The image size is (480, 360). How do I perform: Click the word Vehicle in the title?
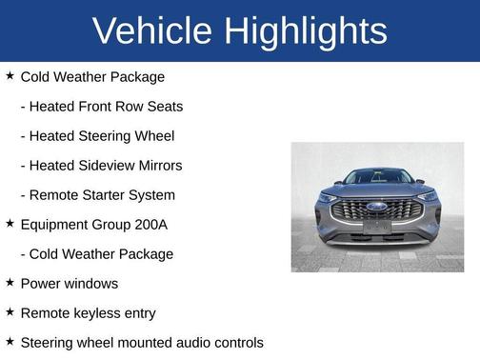click(153, 31)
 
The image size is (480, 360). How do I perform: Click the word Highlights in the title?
click(306, 31)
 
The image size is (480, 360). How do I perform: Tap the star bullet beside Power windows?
click(10, 283)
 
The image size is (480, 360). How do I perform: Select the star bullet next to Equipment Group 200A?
click(10, 224)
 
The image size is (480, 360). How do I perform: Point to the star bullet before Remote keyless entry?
click(10, 312)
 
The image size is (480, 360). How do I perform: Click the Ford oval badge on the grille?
click(377, 206)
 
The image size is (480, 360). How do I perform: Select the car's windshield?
click(377, 176)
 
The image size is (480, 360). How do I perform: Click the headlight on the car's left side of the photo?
click(330, 198)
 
